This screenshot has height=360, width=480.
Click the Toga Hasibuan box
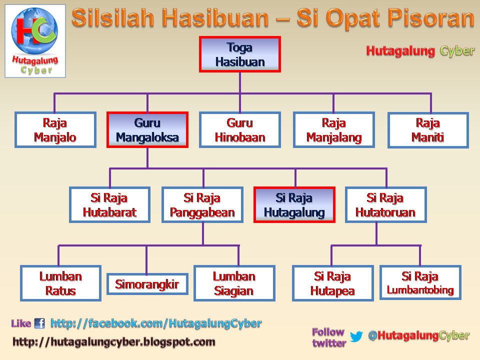pos(239,54)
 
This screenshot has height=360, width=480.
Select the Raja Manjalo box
pos(55,130)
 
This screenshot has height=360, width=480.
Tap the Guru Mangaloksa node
pos(147,130)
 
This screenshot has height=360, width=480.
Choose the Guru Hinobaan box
pos(239,130)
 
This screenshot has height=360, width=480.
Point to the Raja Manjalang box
pos(333,130)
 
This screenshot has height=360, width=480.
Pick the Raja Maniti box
pos(428,130)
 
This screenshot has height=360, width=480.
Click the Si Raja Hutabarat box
pos(109,205)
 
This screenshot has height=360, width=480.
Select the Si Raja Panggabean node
pos(202,205)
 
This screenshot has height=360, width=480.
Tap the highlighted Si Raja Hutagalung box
pos(294,205)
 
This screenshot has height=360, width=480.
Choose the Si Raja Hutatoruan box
pos(385,205)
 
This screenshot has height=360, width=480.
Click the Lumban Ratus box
pos(60,283)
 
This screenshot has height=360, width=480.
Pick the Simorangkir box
pos(147,284)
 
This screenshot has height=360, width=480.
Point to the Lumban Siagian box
pos(234,283)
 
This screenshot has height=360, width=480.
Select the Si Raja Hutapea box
pos(332,283)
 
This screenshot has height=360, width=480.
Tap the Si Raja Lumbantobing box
pos(420,282)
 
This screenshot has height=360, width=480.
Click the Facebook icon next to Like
pos(39,323)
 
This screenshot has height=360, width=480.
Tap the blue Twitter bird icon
pos(356,336)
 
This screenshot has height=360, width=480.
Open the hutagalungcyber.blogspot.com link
pos(113,342)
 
